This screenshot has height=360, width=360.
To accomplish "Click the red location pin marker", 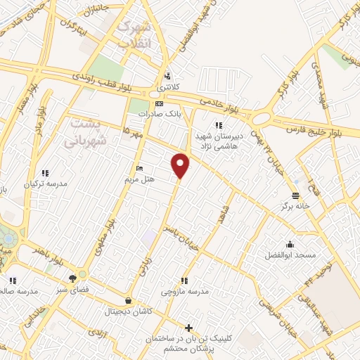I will pyautogui.click(x=181, y=166).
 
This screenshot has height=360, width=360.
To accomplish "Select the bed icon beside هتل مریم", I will pyautogui.click(x=139, y=169).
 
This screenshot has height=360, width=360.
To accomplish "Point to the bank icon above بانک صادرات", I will pyautogui.click(x=159, y=103).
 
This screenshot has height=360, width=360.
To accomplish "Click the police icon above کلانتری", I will pyautogui.click(x=167, y=76).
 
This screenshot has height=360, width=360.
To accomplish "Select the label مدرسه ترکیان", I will pyautogui.click(x=46, y=184).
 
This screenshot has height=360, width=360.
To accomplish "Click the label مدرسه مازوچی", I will pyautogui.click(x=182, y=290).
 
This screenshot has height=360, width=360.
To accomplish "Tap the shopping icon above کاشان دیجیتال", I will pyautogui.click(x=127, y=300).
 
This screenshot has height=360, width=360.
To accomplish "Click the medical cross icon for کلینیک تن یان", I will pyautogui.click(x=188, y=328).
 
